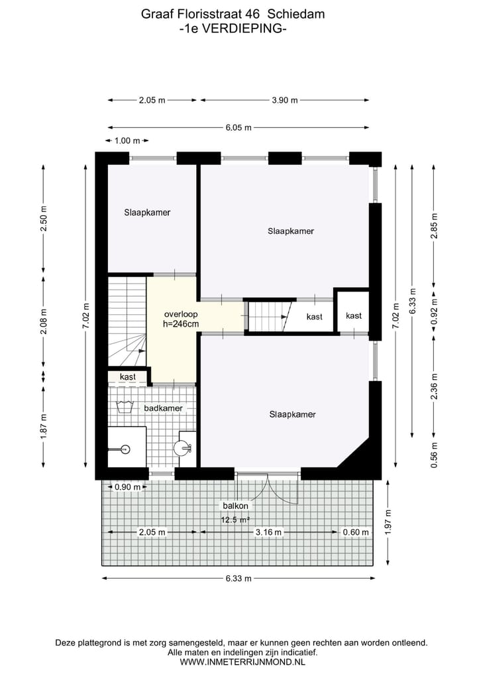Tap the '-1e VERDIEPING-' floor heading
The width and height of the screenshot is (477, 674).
[233, 28]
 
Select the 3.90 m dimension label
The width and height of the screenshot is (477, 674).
[284, 100]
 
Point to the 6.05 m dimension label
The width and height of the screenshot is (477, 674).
[238, 128]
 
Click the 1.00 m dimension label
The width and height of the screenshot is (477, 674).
[127, 140]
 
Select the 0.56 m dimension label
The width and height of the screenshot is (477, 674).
[435, 455]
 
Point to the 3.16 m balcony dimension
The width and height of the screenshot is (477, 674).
[269, 532]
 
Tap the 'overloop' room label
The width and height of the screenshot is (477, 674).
[181, 313]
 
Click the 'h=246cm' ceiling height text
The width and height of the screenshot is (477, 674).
[181, 323]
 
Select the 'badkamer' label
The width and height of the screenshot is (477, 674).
[163, 408]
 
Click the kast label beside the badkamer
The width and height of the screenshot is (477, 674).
[128, 376]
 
